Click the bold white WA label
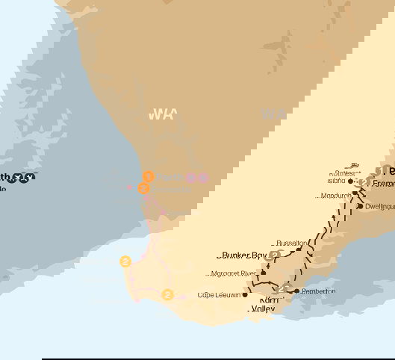click(162, 114)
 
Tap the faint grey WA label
click(273, 114)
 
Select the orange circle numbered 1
click(149, 176)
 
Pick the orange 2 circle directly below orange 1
click(144, 188)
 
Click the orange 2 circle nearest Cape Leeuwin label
click(167, 295)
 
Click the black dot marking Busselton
click(299, 250)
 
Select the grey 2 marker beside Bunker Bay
click(274, 255)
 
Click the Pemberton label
click(318, 291)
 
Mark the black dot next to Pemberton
click(296, 291)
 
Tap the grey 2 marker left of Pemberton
click(282, 289)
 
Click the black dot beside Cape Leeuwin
click(244, 295)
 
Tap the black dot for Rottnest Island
click(350, 181)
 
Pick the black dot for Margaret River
click(263, 273)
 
